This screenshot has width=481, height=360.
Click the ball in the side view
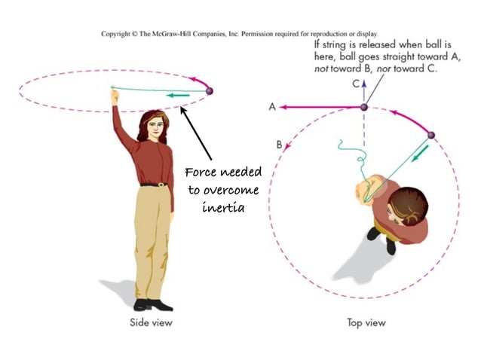pyautogui.click(x=209, y=91)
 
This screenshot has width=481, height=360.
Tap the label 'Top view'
pyautogui.click(x=366, y=322)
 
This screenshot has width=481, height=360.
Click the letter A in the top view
pyautogui.click(x=272, y=107)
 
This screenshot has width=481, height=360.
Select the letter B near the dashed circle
pyautogui.click(x=279, y=144)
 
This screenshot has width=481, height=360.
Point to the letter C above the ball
pyautogui.click(x=356, y=84)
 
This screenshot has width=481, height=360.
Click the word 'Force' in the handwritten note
pyautogui.click(x=204, y=172)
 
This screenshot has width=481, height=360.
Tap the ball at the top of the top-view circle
pyautogui.click(x=363, y=108)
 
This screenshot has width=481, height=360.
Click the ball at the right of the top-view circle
pyautogui.click(x=431, y=136)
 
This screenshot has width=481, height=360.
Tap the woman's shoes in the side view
pyautogui.click(x=152, y=304)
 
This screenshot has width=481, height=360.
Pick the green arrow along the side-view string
pyautogui.click(x=178, y=95)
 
